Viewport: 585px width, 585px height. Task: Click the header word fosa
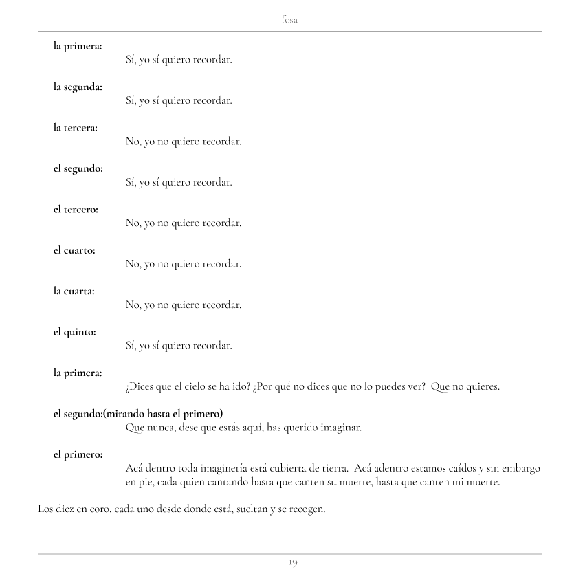[x=289, y=21]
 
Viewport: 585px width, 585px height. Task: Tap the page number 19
[x=292, y=563]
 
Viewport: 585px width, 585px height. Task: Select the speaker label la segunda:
[x=78, y=87]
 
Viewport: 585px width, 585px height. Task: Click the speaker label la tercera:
[x=76, y=128]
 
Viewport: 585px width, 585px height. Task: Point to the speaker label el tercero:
[x=76, y=210]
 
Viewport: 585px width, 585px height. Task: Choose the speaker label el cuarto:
[x=74, y=250]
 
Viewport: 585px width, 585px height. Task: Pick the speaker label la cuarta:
[x=74, y=291]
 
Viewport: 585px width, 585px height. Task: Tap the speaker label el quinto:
[x=75, y=332]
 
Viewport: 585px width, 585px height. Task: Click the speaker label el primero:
[x=78, y=454]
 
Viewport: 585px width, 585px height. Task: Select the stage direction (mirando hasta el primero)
[x=164, y=414]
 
